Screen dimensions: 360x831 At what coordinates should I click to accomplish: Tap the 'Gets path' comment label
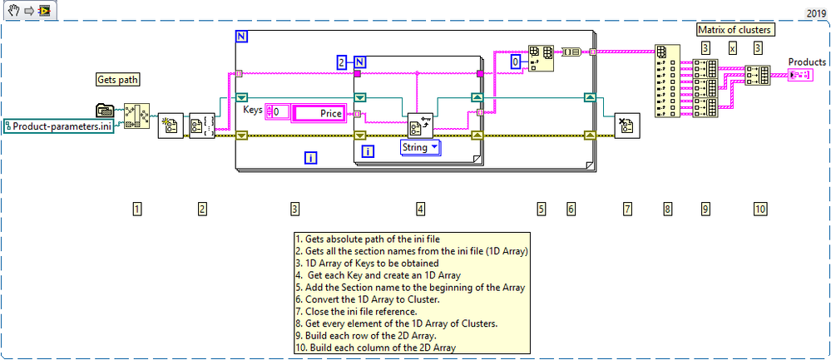[116, 80]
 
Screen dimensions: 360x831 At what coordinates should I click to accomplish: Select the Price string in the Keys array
[319, 112]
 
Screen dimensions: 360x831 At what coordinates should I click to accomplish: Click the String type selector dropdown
[420, 148]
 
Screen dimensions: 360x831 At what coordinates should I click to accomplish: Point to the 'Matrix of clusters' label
[732, 30]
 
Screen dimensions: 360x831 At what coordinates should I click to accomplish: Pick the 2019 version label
[818, 13]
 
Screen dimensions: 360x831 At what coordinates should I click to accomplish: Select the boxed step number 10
[759, 209]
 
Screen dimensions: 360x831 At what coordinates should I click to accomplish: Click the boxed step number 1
[136, 209]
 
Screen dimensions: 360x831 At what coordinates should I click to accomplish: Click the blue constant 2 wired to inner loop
[341, 62]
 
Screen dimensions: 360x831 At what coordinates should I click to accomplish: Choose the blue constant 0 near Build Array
[515, 62]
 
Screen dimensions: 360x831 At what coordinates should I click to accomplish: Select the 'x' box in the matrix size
[732, 48]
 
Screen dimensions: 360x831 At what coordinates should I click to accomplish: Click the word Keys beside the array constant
[253, 109]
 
